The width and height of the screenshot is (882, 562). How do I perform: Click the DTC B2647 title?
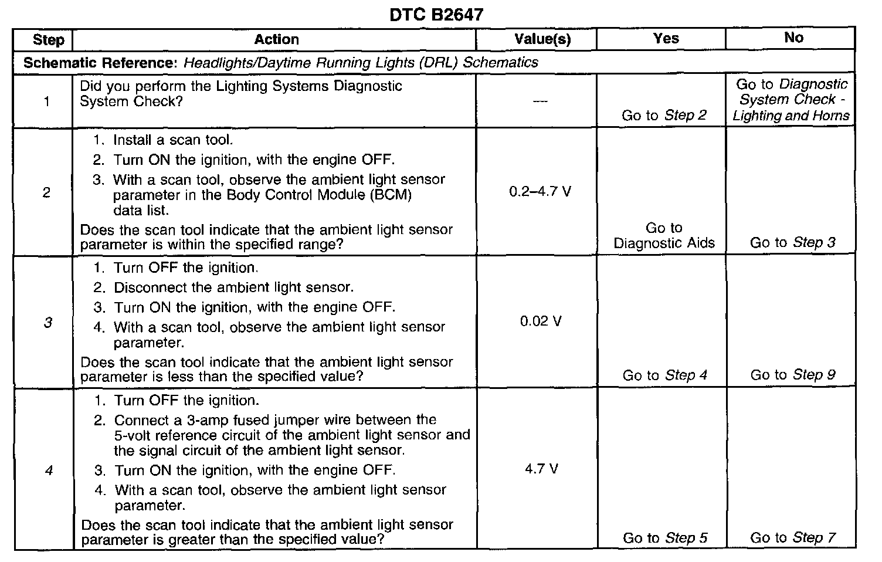[436, 14]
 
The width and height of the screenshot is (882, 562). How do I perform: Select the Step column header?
[48, 40]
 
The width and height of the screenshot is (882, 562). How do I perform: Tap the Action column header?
[276, 39]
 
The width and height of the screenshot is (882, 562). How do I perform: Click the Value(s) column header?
[542, 39]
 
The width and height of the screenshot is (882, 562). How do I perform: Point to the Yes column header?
[666, 38]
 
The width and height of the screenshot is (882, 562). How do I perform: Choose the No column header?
[793, 38]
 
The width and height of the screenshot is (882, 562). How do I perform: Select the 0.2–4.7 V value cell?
[540, 192]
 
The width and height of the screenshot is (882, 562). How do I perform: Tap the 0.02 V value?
[541, 321]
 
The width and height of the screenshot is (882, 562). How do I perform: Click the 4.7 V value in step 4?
[541, 469]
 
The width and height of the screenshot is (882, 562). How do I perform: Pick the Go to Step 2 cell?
[664, 116]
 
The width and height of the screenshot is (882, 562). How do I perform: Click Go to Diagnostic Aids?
[664, 235]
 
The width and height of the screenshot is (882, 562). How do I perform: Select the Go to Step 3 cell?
[792, 242]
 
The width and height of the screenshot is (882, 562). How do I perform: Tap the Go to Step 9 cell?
[792, 375]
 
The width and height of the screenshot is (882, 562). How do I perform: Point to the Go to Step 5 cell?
[664, 538]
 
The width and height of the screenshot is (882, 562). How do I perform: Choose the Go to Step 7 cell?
[792, 538]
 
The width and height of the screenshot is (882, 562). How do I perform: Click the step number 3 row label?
[48, 322]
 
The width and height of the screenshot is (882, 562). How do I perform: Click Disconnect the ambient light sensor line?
[233, 287]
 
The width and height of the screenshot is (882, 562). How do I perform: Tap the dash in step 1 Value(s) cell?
[540, 101]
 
